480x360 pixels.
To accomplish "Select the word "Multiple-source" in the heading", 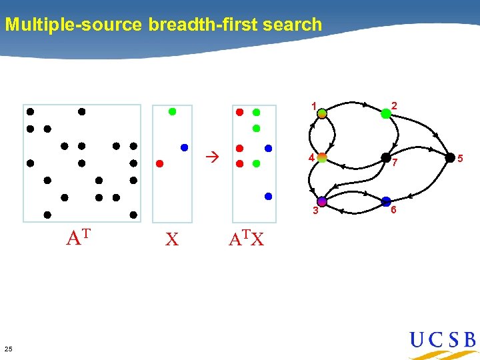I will click(x=73, y=25).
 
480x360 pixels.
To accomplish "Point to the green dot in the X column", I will click(x=172, y=112).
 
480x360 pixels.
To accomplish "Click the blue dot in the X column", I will click(x=184, y=147).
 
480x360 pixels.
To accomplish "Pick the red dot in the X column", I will click(x=159, y=163).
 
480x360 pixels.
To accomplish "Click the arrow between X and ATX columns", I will click(x=212, y=158).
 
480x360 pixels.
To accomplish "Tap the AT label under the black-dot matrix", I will click(x=78, y=237).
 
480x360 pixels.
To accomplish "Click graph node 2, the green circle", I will click(x=386, y=114).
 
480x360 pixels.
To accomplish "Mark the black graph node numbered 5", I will click(x=450, y=157).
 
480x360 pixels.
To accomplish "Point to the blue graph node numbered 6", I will click(x=386, y=201).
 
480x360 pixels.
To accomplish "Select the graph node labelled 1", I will click(x=322, y=114).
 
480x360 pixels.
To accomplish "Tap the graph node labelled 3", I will click(x=322, y=201).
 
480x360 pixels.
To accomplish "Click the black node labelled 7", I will click(x=386, y=157).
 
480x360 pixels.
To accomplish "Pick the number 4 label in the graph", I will click(x=311, y=157).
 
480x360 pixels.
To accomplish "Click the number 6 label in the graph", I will click(x=394, y=210).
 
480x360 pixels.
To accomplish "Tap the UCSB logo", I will click(x=443, y=341).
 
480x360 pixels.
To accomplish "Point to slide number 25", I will click(x=8, y=349).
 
